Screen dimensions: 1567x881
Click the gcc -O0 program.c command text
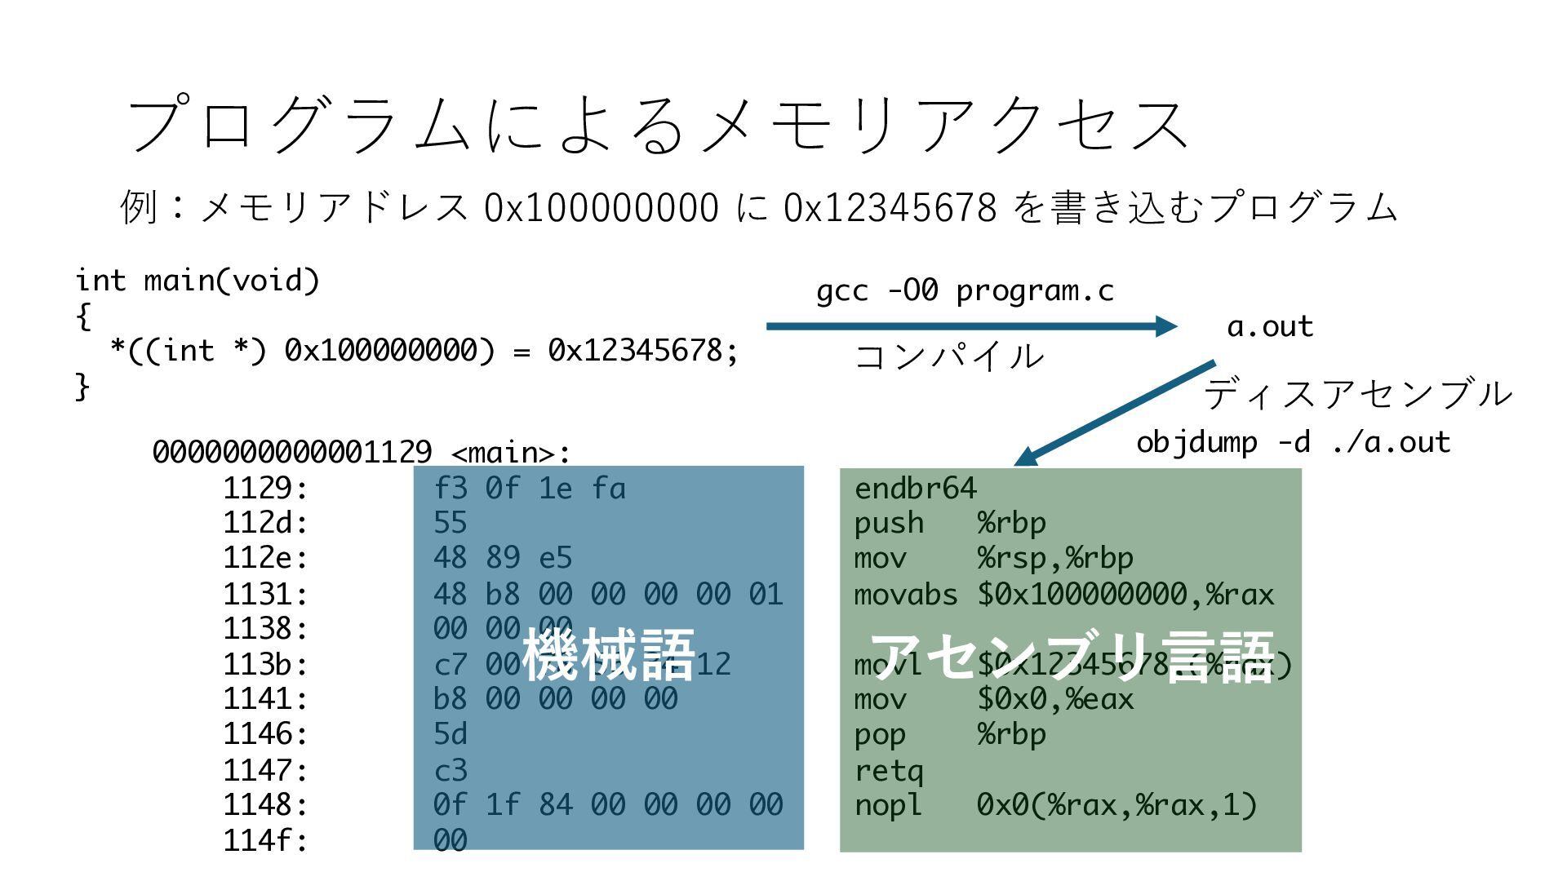[965, 290]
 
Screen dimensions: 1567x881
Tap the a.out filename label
[1270, 326]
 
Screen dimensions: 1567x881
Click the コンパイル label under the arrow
[949, 356]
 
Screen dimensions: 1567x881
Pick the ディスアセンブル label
[1357, 394]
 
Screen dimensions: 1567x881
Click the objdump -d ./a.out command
[1293, 442]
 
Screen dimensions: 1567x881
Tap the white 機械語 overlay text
[609, 655]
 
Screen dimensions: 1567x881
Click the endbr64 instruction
[915, 488]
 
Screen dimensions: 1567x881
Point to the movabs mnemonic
[905, 594]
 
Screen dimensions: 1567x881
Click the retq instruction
[889, 769]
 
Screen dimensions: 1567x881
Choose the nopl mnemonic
[888, 805]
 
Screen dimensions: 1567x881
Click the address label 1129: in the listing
[265, 488]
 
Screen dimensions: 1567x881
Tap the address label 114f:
[265, 839]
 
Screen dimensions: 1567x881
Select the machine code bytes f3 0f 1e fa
[530, 488]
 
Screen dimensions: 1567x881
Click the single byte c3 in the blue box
[451, 769]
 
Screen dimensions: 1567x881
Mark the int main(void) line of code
[198, 281]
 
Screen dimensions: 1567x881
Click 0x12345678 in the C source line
[642, 351]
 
